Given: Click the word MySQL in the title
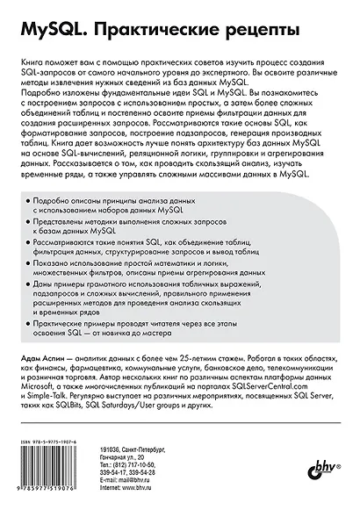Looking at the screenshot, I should (x=45, y=33).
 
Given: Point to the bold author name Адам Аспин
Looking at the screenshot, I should (x=43, y=374).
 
